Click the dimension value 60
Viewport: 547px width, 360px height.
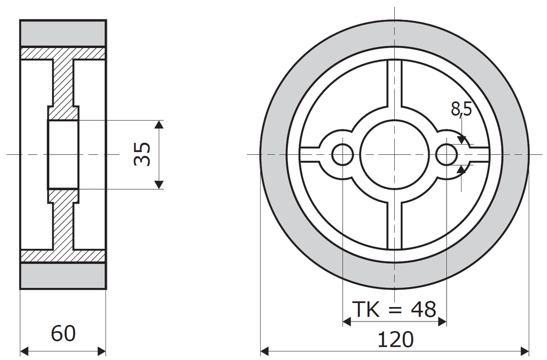tap(63, 334)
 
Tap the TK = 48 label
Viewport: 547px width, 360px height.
tap(394, 309)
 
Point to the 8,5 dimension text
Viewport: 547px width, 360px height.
tap(461, 109)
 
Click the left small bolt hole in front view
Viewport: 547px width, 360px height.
tap(342, 154)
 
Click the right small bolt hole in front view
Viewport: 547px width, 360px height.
tap(447, 154)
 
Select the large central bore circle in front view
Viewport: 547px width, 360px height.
tap(394, 154)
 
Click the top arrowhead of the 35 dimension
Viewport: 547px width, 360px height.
tap(158, 125)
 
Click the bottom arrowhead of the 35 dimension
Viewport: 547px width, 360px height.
tap(158, 184)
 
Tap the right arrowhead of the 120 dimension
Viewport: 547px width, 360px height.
tap(524, 351)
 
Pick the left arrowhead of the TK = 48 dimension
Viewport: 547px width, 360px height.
tap(346, 322)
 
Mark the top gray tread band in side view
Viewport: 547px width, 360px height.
tap(63, 33)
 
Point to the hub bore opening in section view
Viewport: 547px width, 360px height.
tap(63, 154)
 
